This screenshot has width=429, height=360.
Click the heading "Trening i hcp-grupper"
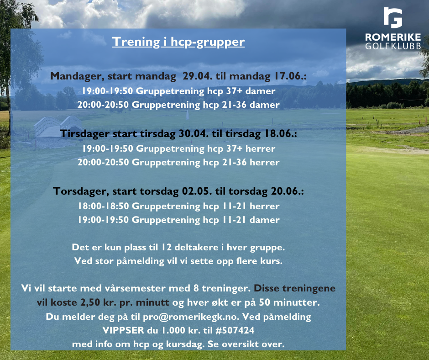[178, 42]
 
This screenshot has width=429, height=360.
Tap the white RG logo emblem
[393, 18]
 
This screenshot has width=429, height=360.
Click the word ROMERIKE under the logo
[393, 37]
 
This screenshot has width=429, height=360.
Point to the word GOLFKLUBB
[393, 46]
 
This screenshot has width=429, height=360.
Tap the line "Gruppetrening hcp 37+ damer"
[205, 91]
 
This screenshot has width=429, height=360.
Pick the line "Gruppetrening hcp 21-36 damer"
[205, 105]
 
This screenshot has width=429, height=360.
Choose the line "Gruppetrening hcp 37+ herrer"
[205, 148]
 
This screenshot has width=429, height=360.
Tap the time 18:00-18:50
[104, 206]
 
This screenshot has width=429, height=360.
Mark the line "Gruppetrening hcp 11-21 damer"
[205, 220]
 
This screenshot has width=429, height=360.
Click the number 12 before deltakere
[166, 248]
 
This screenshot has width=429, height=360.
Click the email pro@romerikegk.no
[191, 317]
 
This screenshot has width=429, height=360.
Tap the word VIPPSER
[123, 330]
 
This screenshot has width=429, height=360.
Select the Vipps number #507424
[235, 330]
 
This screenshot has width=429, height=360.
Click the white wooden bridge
[58, 127]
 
